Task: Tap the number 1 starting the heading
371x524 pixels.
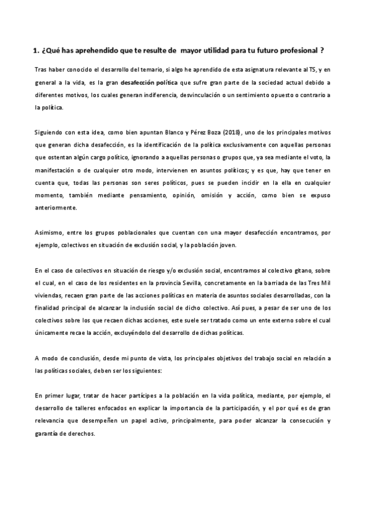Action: [x=35, y=52]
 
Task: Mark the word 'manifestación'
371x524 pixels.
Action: [x=56, y=170]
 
